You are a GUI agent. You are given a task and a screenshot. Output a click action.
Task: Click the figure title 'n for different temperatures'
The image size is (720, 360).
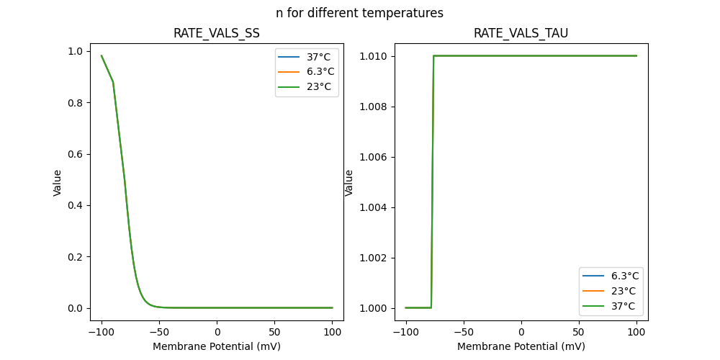point(359,13)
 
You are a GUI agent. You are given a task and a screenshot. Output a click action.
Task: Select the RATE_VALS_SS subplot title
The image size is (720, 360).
point(216,33)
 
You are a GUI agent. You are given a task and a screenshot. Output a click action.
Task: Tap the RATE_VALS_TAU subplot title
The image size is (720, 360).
point(521,33)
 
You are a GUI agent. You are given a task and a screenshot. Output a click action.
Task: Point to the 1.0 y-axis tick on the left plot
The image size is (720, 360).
point(75,51)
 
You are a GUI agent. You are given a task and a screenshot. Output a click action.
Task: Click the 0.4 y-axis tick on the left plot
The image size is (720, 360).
point(75,205)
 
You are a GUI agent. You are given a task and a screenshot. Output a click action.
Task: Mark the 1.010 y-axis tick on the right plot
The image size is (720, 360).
point(374,56)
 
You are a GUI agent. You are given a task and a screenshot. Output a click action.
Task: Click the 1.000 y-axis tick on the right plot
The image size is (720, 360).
point(374,308)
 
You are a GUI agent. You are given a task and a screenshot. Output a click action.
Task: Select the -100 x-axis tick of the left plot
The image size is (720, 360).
point(101,332)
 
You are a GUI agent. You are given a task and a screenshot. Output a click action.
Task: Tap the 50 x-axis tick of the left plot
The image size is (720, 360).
point(274,332)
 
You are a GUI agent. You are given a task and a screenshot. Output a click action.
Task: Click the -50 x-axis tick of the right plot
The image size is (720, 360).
point(463,332)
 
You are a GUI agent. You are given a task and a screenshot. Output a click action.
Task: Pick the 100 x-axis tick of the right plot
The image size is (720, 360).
point(636,332)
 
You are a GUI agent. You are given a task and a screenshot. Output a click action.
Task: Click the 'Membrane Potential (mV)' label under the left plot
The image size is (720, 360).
point(216,346)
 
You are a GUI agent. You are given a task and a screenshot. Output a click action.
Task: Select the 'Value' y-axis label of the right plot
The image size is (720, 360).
point(349,182)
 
